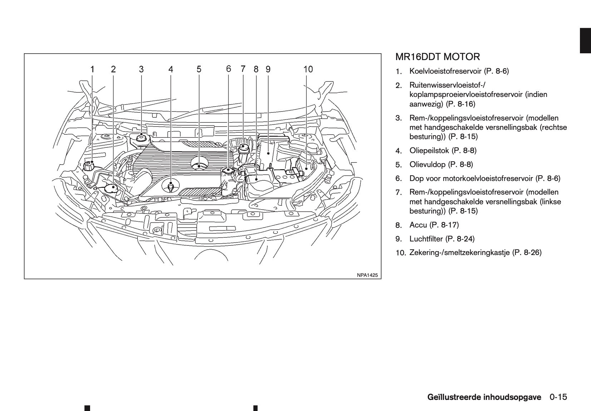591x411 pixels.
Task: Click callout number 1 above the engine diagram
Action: click(92, 69)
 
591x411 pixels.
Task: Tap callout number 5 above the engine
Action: click(199, 69)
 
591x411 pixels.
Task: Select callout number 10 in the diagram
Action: click(308, 69)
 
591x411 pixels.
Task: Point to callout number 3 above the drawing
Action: click(141, 69)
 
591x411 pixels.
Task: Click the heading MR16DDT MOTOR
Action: click(438, 57)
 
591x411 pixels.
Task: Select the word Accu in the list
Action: click(418, 225)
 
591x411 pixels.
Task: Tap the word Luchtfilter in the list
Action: click(426, 239)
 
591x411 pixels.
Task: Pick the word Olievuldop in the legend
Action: click(427, 165)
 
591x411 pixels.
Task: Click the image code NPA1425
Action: click(367, 275)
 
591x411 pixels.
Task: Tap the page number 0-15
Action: click(558, 397)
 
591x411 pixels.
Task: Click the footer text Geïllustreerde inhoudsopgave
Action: click(484, 397)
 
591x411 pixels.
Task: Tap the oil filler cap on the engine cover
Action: click(199, 164)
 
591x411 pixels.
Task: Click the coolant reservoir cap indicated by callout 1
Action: click(88, 166)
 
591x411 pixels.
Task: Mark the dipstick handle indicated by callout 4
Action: click(171, 186)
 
